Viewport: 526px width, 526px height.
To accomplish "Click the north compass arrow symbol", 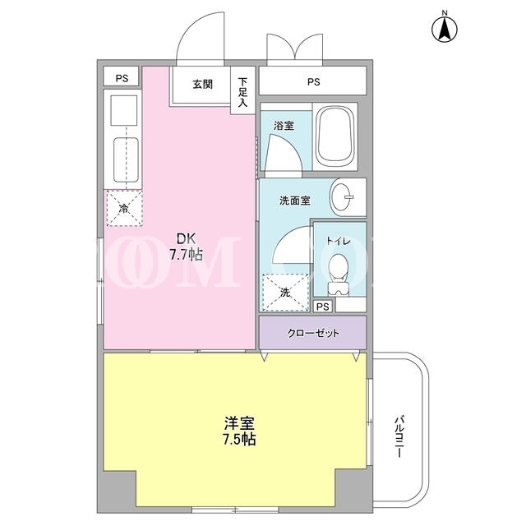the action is coord(445,29).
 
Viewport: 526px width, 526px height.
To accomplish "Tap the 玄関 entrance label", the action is coord(203,84).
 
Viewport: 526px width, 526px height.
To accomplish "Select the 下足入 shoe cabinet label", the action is coord(242,92).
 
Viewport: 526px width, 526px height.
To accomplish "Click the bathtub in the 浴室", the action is coord(335,137).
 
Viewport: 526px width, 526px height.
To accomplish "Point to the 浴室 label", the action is coord(284,126).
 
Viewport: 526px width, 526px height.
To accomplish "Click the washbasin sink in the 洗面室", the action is coord(342,197).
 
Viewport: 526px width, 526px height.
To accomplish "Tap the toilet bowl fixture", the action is coord(337,275).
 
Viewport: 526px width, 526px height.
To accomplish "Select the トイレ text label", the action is coord(338,241).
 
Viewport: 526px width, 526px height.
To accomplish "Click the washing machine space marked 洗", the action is coord(285,293).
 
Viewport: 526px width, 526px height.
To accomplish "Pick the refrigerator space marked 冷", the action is coord(124,208).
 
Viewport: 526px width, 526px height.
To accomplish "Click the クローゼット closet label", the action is coord(313,333).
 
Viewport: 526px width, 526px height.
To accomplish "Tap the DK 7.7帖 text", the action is coord(187,247).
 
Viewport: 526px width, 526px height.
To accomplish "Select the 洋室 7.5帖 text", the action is coord(239,431).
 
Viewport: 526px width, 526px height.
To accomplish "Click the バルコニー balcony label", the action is coord(399,436).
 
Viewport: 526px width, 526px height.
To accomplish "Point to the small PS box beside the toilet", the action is coord(323,307).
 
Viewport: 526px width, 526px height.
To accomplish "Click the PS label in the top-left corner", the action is coord(122,79).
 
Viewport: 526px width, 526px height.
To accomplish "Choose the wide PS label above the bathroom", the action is coord(314,82).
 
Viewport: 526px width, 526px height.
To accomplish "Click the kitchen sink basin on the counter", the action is coord(126,160).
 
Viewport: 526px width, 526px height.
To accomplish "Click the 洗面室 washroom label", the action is coord(295,201).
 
